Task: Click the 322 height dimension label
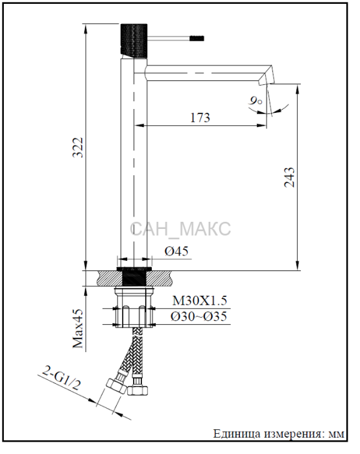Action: pyautogui.click(x=78, y=147)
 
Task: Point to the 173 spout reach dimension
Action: pyautogui.click(x=200, y=118)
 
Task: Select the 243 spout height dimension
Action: pyautogui.click(x=289, y=177)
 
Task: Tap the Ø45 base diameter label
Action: pyautogui.click(x=176, y=251)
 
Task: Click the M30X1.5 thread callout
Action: pyautogui.click(x=200, y=300)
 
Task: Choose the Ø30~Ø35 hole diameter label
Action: pyautogui.click(x=198, y=317)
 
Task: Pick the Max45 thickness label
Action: pyautogui.click(x=78, y=329)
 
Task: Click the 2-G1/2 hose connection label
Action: pyautogui.click(x=61, y=378)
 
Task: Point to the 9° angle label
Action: pyautogui.click(x=255, y=101)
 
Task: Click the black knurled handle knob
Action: pyautogui.click(x=134, y=40)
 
